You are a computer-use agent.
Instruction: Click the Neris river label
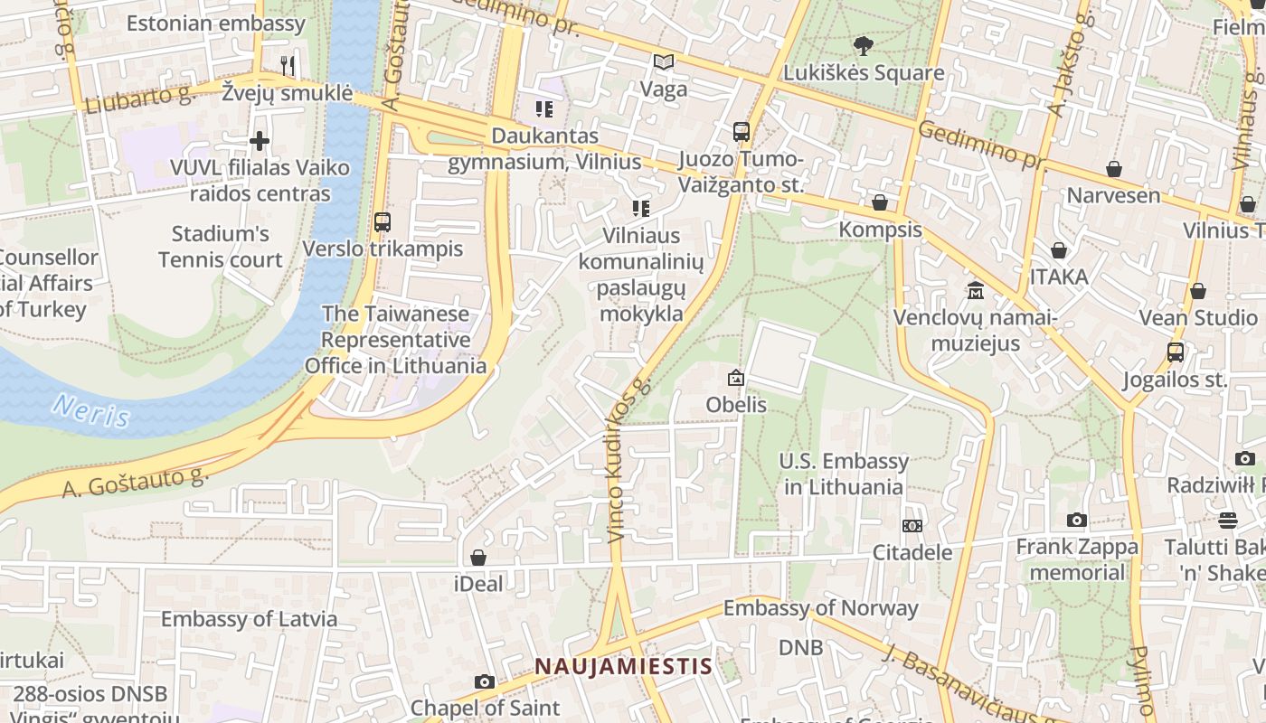click(90, 410)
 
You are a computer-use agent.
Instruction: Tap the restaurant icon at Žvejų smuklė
click(288, 65)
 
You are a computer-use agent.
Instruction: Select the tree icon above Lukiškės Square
click(864, 45)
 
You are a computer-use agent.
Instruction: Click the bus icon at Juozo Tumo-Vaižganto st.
click(742, 132)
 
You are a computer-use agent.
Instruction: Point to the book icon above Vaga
click(664, 62)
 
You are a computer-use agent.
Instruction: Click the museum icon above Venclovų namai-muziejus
click(976, 291)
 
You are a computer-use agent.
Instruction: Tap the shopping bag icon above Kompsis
click(880, 202)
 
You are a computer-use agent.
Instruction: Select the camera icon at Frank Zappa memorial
click(1076, 520)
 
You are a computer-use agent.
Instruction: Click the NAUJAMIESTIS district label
click(623, 667)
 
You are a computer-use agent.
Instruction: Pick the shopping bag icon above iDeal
click(477, 558)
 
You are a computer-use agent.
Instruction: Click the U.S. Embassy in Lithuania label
click(844, 474)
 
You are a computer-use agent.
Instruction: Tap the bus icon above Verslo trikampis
click(383, 221)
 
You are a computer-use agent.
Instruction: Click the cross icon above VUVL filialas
click(260, 141)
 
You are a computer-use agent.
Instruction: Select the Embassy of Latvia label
click(249, 619)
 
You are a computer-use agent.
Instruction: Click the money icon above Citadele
click(912, 526)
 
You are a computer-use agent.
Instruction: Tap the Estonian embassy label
click(215, 23)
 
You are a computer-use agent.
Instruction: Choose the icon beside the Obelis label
click(736, 378)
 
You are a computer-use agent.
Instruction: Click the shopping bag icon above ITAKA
click(1058, 250)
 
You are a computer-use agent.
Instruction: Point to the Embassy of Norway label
click(820, 608)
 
